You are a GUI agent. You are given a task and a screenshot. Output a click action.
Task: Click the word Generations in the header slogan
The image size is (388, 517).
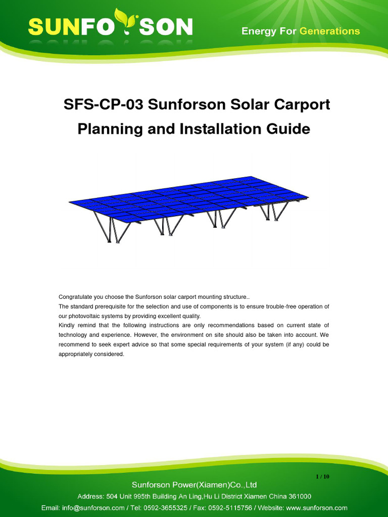tap(329, 31)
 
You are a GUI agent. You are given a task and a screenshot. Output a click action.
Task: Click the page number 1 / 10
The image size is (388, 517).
tap(322, 476)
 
